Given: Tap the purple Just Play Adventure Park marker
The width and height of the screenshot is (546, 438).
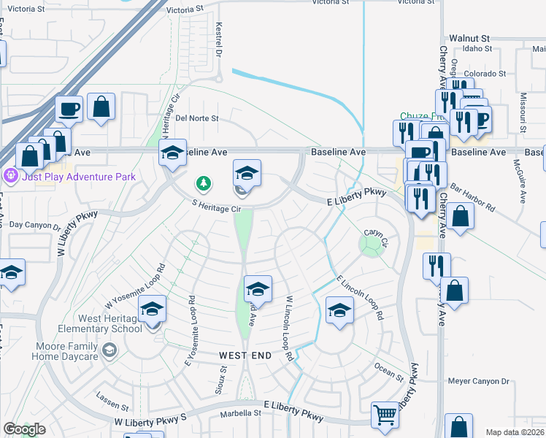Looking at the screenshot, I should click(10, 176).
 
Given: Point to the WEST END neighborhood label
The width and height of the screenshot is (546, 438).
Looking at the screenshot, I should click(245, 356).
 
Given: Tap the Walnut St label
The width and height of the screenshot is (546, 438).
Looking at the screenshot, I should click(469, 37).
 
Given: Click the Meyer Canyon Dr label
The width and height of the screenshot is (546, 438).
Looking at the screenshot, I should click(478, 381).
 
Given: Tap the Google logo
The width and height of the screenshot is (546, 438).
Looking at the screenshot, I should click(24, 429).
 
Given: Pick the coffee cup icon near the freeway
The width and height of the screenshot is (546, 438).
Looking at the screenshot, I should click(69, 109).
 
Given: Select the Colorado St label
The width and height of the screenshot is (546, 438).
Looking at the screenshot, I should click(485, 74).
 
